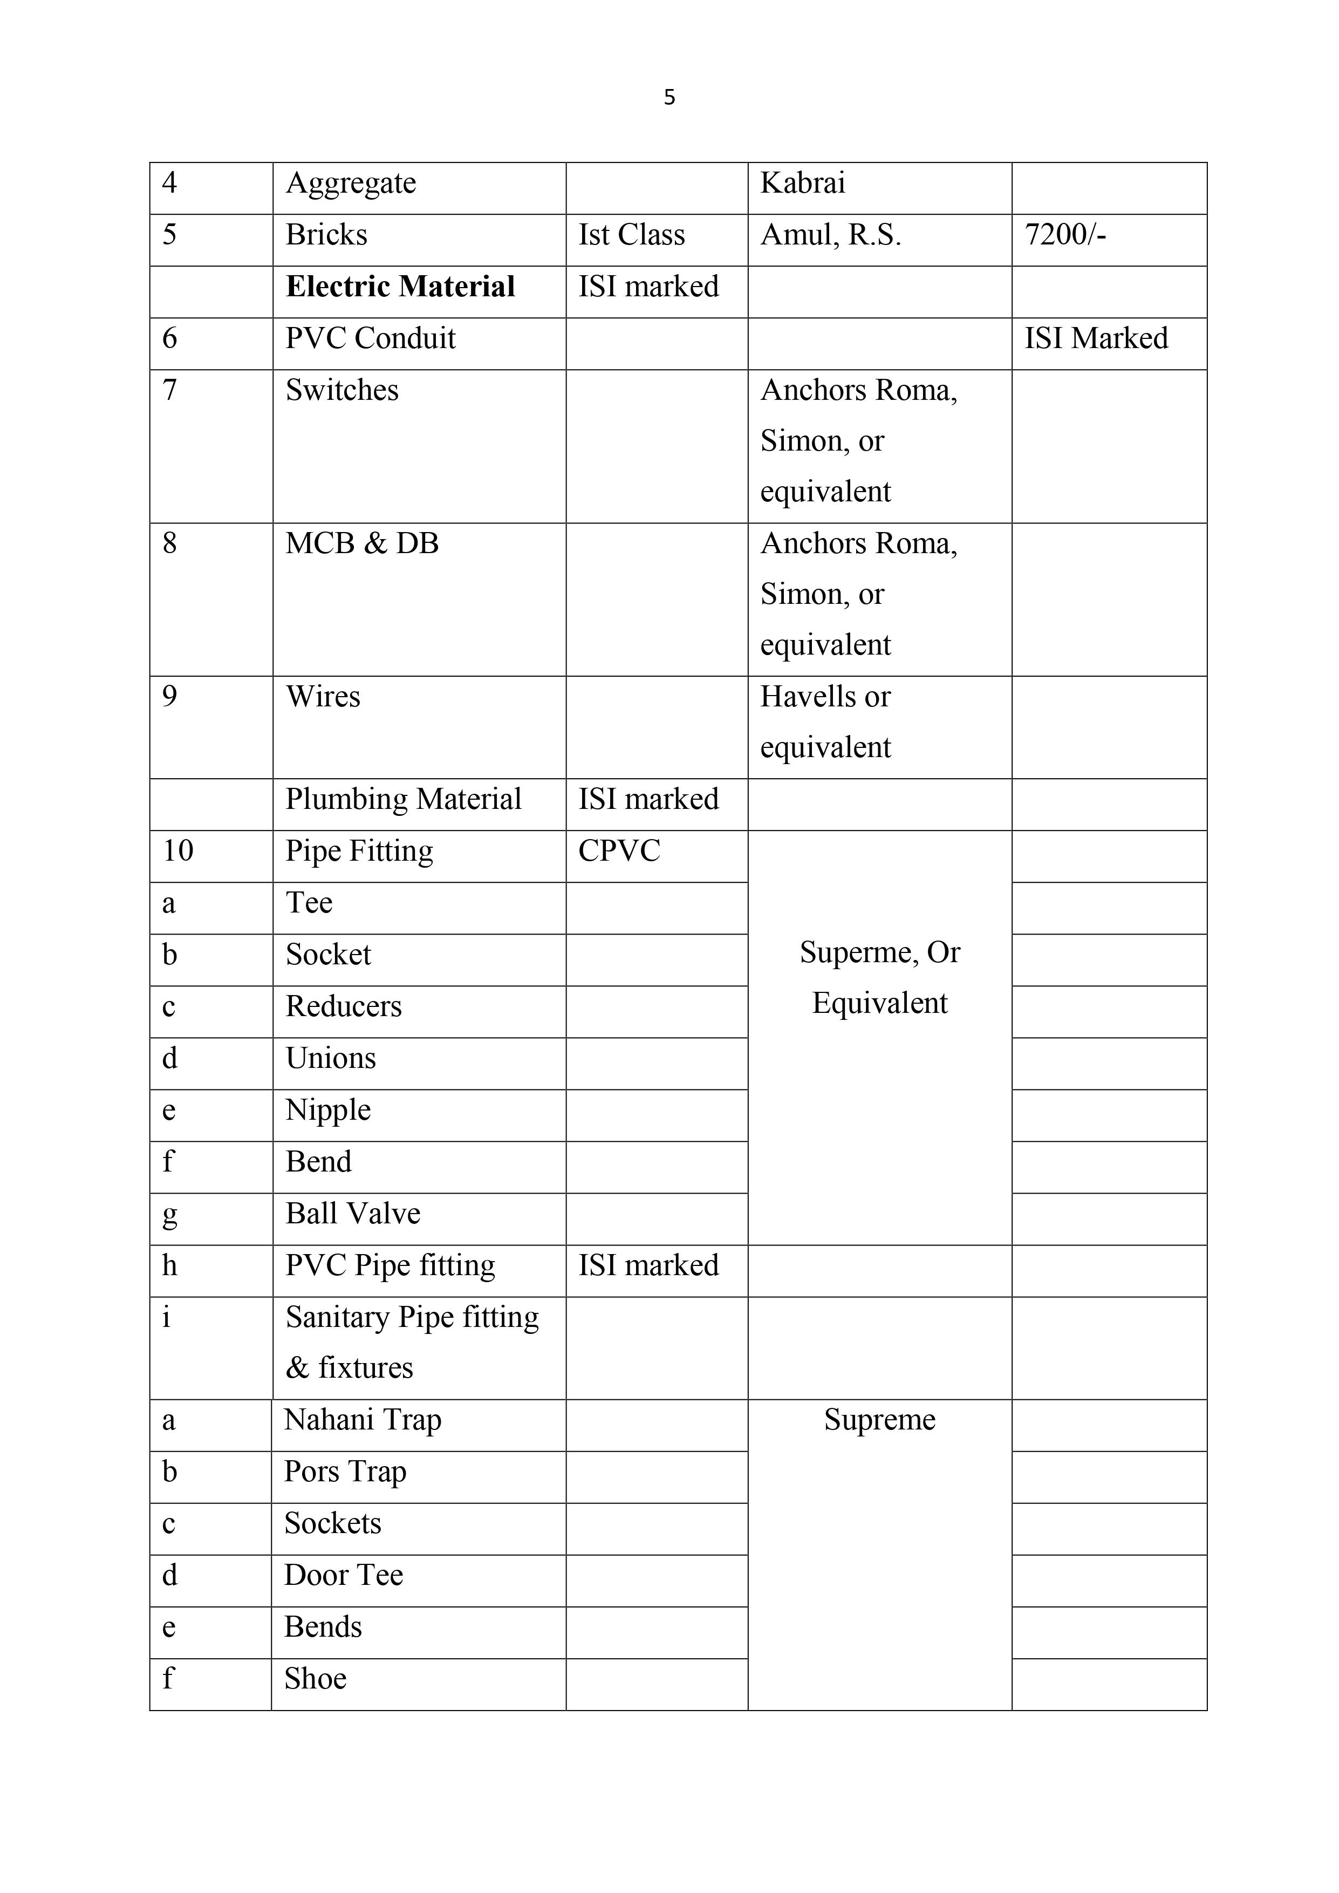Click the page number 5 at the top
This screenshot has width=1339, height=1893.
668,97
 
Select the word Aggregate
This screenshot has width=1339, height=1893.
351,183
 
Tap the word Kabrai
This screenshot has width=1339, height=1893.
802,183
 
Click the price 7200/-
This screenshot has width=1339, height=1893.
1064,235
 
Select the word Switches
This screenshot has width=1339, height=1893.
341,390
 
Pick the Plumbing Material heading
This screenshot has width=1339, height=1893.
403,799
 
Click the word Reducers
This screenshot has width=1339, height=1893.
343,1007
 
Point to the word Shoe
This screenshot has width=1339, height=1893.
315,1679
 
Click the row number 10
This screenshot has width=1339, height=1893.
178,851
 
